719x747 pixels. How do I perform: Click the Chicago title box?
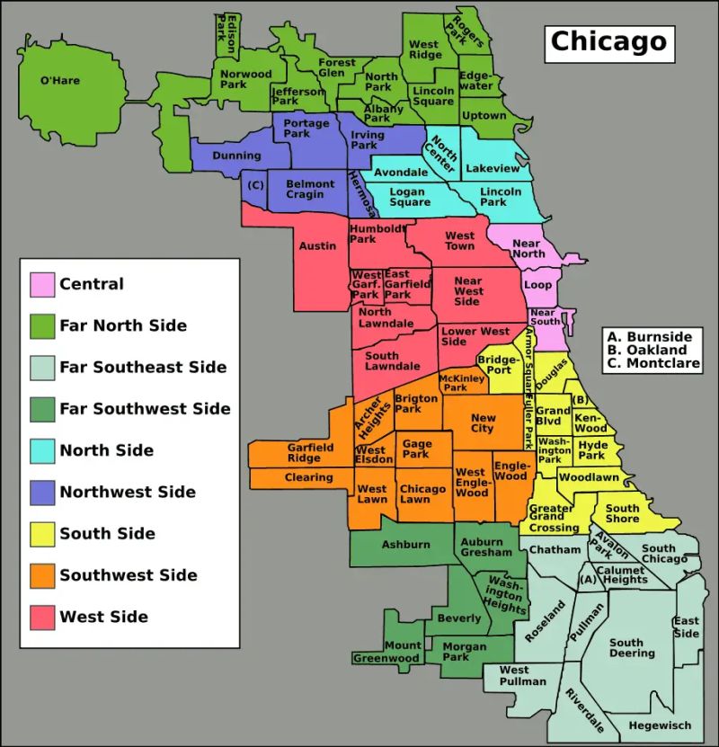point(608,41)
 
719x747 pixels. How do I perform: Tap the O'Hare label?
point(60,81)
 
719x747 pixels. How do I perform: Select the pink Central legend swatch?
point(42,284)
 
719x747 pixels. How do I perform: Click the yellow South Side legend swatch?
point(42,534)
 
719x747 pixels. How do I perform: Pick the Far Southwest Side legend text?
point(145,409)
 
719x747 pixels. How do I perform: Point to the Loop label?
point(537,285)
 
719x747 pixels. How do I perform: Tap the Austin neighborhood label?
point(317,245)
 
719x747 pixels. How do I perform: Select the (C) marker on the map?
point(255,185)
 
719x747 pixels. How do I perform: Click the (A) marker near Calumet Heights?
point(588,580)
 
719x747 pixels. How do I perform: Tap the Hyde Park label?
point(592,449)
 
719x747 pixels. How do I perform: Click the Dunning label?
point(236,156)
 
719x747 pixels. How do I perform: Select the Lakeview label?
point(493,168)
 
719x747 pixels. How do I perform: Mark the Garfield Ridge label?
point(310,452)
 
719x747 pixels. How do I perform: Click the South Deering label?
point(632,648)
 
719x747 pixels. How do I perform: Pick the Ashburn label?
point(405,545)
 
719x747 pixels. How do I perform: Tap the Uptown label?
point(484,116)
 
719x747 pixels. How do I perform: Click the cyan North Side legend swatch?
point(42,450)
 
